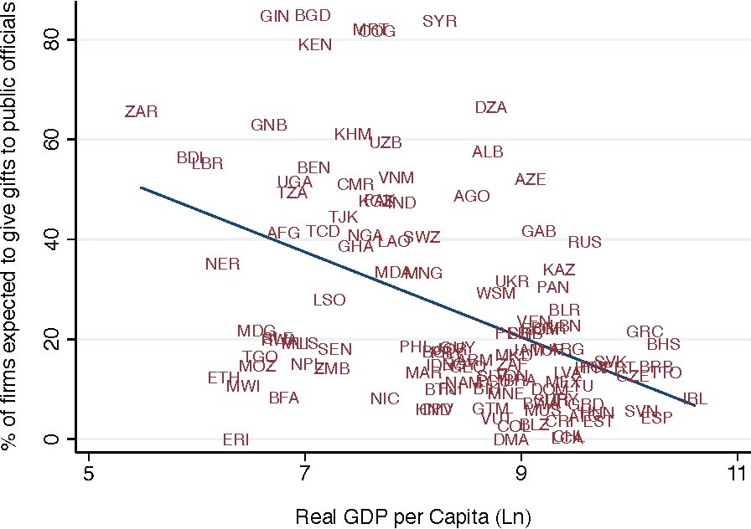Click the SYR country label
[439, 21]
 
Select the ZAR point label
[141, 111]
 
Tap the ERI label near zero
[236, 439]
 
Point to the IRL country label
[695, 399]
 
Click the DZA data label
[490, 107]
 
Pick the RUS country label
[584, 242]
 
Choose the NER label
[222, 264]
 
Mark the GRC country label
[644, 332]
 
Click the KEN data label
[315, 44]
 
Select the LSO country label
[329, 300]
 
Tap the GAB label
[538, 231]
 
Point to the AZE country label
[530, 179]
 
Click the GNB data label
[269, 125]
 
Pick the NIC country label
[385, 398]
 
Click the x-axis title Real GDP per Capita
[413, 516]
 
